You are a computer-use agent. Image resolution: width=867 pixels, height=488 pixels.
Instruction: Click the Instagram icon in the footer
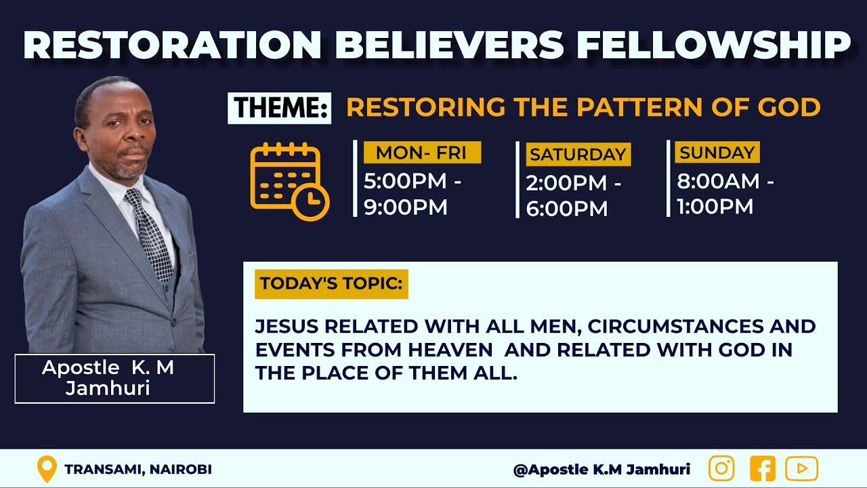click(721, 468)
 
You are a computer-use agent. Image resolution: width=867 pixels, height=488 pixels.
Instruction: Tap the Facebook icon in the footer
click(763, 468)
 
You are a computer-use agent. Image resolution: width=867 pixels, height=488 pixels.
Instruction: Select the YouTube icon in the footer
click(802, 468)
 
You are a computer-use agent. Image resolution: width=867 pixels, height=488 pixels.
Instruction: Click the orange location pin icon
click(46, 469)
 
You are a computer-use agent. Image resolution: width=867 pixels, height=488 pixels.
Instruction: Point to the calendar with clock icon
click(289, 181)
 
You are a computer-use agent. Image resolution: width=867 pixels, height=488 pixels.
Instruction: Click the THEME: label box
click(279, 108)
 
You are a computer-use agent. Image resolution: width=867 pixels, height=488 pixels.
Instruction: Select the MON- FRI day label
click(421, 152)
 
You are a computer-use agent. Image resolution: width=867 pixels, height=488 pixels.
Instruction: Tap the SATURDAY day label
click(578, 155)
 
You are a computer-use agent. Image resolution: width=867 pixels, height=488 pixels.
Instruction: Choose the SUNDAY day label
click(717, 152)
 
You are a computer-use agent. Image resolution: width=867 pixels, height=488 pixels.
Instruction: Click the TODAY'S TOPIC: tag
click(331, 283)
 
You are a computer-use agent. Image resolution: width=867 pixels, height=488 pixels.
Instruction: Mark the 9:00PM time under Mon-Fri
click(405, 207)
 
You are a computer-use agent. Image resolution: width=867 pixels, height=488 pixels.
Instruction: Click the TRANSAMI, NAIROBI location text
click(138, 469)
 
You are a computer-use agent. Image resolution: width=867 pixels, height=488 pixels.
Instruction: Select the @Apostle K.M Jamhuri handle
click(601, 469)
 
